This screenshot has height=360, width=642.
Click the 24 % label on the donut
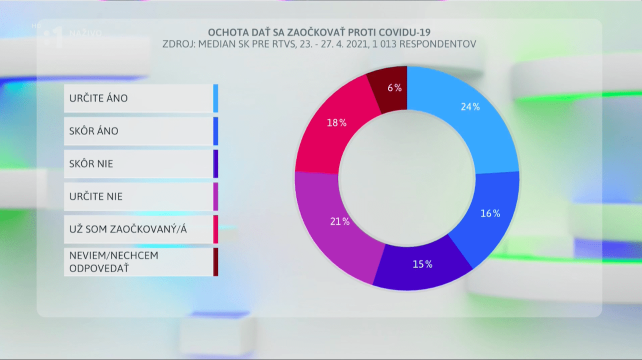(470, 106)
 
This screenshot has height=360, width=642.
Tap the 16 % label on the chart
(490, 213)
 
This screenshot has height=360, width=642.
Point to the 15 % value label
(422, 264)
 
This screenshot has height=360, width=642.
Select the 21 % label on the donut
(340, 221)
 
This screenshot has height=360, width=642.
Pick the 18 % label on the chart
(336, 122)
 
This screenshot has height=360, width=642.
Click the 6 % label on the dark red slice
(394, 88)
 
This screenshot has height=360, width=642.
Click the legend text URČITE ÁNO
(98, 98)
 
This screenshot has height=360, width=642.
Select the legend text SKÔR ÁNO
(94, 131)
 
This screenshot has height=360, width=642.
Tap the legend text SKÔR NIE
(91, 163)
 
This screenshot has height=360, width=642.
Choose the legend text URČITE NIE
(96, 196)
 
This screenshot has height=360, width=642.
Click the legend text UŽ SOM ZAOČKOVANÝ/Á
(131, 229)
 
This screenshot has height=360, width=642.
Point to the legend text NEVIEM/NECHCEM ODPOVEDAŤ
(114, 261)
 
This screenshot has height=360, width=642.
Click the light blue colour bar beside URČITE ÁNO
(215, 98)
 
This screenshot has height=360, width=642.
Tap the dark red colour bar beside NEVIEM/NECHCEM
(215, 261)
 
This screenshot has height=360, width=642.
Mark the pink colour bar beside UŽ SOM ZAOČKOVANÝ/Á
(215, 229)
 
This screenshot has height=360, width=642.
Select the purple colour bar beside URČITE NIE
(215, 196)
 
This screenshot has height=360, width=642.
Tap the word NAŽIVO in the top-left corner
(85, 33)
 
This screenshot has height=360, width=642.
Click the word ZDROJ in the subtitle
(178, 44)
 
